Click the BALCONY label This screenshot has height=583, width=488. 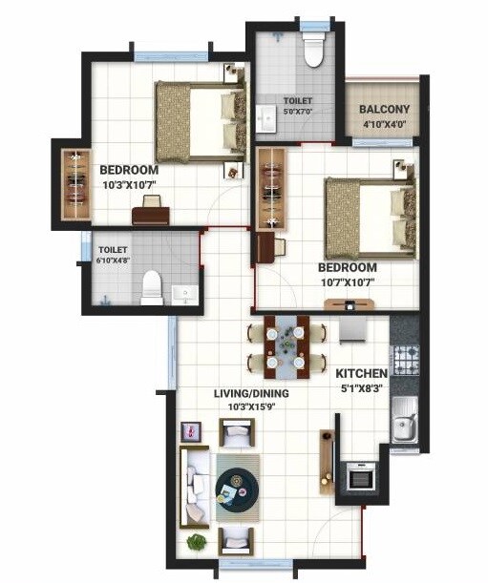pos(384,110)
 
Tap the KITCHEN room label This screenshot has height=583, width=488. pos(361,372)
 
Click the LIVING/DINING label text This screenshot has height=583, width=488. pos(252,393)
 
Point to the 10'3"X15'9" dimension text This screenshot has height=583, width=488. pos(251,407)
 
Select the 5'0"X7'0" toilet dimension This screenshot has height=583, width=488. pos(297,112)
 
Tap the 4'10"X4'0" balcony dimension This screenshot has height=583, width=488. pos(384,124)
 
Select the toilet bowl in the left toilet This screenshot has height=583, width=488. pos(151,287)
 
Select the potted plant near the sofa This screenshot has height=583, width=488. pos(197,543)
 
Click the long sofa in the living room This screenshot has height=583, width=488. pos(196,487)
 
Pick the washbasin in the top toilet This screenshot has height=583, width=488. pos(265,118)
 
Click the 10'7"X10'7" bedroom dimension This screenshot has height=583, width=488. pos(347,282)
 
